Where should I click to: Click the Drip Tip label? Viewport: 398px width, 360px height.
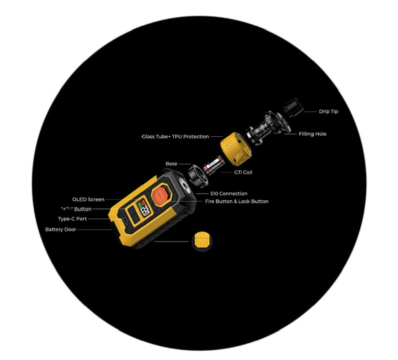(328, 111)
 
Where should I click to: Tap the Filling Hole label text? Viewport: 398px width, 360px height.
(312, 134)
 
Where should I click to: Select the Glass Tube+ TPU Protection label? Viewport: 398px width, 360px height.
(175, 137)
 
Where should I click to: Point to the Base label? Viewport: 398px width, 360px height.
(171, 164)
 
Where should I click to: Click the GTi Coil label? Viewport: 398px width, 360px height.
(243, 172)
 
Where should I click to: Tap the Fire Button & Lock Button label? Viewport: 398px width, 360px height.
(236, 202)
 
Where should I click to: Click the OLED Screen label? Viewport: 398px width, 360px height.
(88, 200)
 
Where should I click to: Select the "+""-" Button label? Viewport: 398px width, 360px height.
(76, 209)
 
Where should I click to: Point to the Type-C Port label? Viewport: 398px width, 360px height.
(72, 219)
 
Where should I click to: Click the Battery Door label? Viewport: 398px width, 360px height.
(61, 230)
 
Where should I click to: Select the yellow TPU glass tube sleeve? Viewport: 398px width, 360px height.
(236, 149)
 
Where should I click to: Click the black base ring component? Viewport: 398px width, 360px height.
(197, 176)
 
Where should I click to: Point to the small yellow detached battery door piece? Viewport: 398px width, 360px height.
(202, 241)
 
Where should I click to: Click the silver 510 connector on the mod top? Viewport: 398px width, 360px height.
(184, 185)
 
